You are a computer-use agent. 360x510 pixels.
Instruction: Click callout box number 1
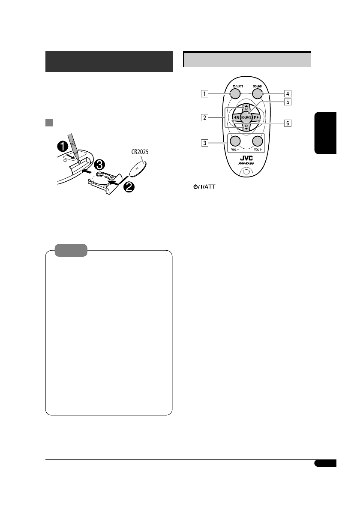click(204, 94)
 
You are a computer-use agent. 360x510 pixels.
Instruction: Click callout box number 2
click(204, 117)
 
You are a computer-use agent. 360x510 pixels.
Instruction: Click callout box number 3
click(204, 143)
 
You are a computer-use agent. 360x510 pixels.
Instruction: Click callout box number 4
click(288, 94)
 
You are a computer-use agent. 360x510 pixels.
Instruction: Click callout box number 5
click(288, 102)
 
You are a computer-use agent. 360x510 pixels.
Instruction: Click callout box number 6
click(288, 123)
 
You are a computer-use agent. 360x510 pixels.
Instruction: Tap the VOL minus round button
click(235, 141)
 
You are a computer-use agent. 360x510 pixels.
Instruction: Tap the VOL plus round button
click(258, 141)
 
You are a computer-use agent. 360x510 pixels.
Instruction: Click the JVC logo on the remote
click(246, 159)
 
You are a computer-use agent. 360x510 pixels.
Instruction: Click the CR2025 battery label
click(140, 152)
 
